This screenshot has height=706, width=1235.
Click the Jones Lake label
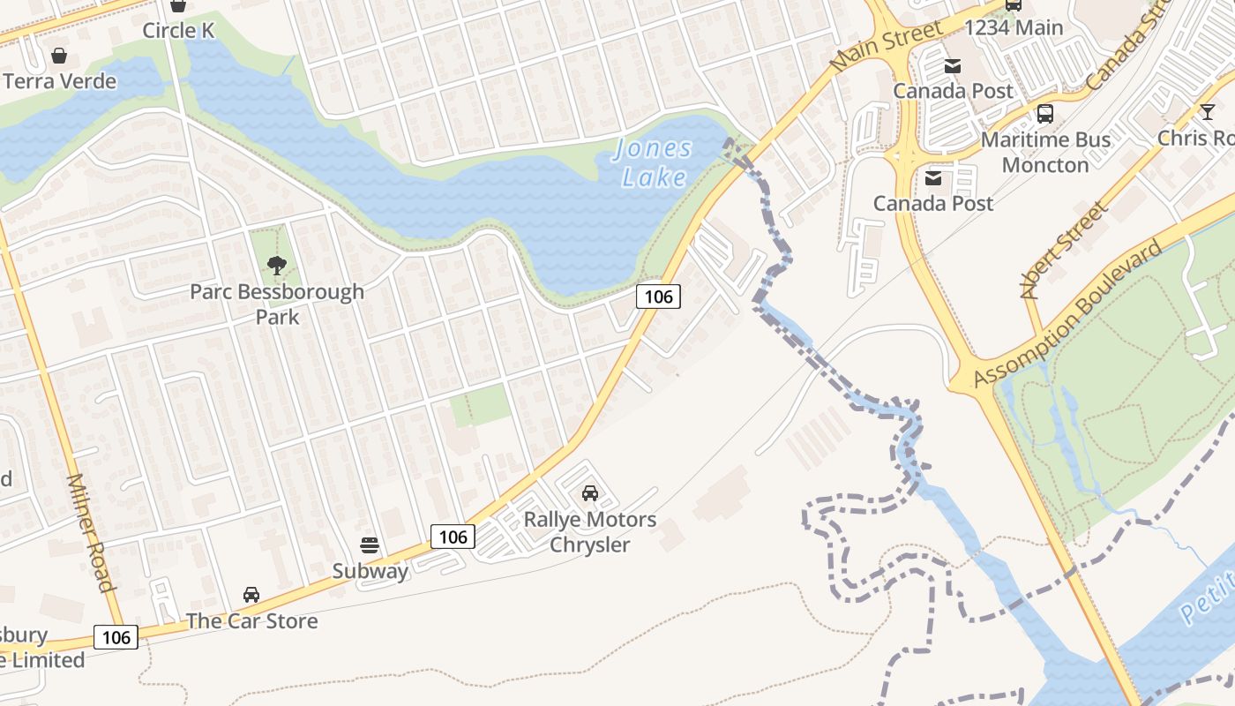point(654,163)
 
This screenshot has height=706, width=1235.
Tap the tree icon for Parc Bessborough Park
point(277,265)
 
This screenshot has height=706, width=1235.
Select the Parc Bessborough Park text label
point(277,304)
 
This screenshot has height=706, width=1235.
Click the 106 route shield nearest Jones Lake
point(659,297)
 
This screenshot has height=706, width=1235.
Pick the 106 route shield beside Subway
point(453,536)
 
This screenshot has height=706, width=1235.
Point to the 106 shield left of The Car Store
point(116,637)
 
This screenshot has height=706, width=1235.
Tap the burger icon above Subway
point(370,545)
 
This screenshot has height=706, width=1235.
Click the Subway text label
point(370,571)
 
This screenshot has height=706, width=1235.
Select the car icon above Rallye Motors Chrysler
point(590,492)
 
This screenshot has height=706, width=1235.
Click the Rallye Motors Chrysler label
point(590,531)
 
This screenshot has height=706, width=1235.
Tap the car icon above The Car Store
point(251,595)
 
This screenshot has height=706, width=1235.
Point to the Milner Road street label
point(91,532)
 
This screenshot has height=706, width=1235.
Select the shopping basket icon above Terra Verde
point(59,56)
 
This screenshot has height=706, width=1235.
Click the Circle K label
point(179,31)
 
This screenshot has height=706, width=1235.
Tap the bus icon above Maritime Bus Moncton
point(1045,113)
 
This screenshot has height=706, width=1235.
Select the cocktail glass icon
point(1207,111)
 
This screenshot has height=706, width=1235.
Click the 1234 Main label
point(1014,27)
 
